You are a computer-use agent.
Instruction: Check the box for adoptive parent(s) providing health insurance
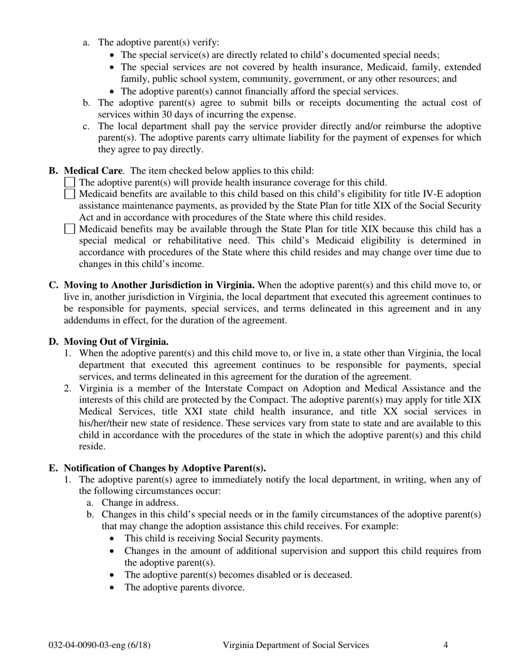tap(70, 182)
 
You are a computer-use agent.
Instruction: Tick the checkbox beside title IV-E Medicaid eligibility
tap(70, 194)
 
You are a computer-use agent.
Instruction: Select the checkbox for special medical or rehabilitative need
tap(70, 229)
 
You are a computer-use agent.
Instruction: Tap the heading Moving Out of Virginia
tap(116, 342)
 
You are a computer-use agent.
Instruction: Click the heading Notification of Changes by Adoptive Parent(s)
tap(165, 468)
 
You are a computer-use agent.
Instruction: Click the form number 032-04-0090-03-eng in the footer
tap(100, 645)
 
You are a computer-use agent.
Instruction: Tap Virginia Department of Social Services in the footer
tap(296, 645)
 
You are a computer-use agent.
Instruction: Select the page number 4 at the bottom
tap(446, 645)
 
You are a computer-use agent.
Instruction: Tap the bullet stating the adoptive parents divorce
tap(184, 587)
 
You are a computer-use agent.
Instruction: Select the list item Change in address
tap(140, 503)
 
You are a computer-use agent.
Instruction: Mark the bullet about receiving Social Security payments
tap(223, 538)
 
